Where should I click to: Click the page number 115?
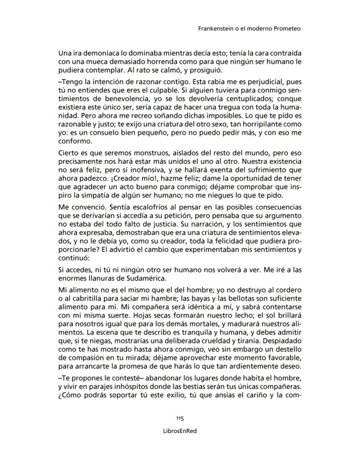pos(180,418)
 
